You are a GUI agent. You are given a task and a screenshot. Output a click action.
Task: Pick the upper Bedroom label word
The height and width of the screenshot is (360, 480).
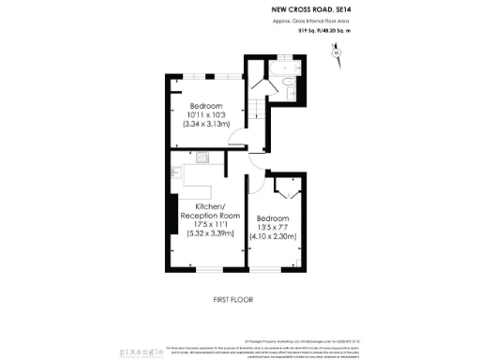pyautogui.click(x=205, y=105)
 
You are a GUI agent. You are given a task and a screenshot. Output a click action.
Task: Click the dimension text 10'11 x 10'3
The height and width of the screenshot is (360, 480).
pyautogui.click(x=205, y=114)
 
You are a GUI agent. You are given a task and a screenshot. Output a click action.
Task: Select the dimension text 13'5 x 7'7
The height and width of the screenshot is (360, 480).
pyautogui.click(x=273, y=227)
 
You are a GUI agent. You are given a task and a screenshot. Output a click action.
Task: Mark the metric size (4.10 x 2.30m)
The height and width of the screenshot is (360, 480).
pyautogui.click(x=273, y=236)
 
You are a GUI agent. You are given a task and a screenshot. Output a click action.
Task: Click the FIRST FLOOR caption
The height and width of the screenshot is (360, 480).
pyautogui.click(x=232, y=299)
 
